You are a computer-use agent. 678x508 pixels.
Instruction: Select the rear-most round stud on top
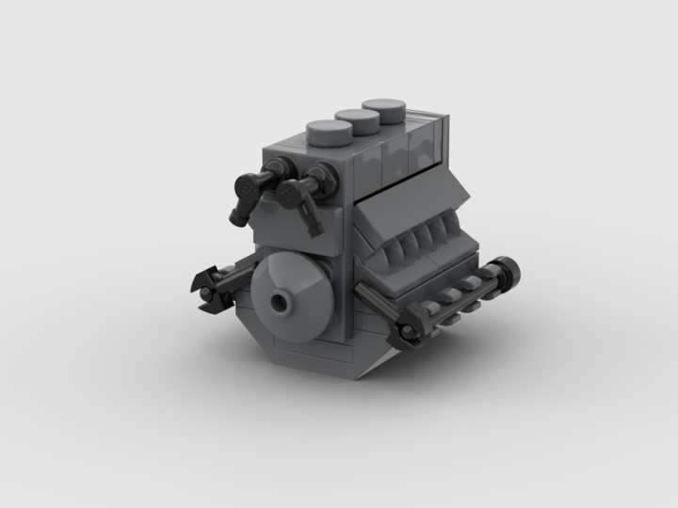[x=384, y=109]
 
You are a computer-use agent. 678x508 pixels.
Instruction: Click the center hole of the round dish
[x=282, y=303]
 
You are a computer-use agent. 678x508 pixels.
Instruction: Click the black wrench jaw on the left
[x=209, y=284]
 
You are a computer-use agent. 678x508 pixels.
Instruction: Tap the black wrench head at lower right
[x=407, y=329]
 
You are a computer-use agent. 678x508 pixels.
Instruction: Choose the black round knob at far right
[x=509, y=272]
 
